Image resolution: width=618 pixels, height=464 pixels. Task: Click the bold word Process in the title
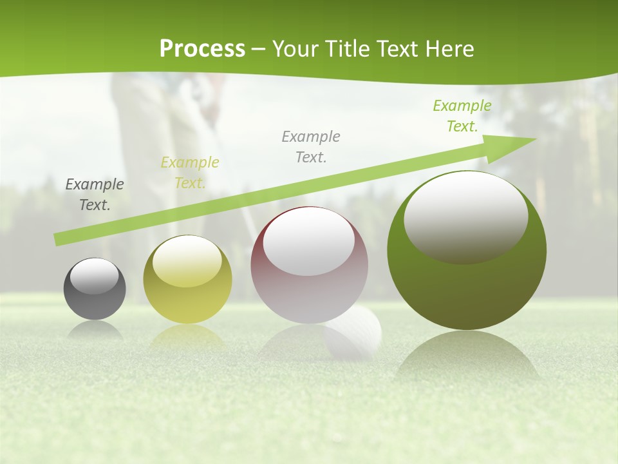point(202,49)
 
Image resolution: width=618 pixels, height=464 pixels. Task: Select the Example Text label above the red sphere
point(311,147)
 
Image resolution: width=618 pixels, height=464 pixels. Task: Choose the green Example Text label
point(462,116)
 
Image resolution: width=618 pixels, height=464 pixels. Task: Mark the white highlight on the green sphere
point(465,217)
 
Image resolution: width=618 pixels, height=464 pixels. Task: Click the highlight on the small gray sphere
point(95,276)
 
